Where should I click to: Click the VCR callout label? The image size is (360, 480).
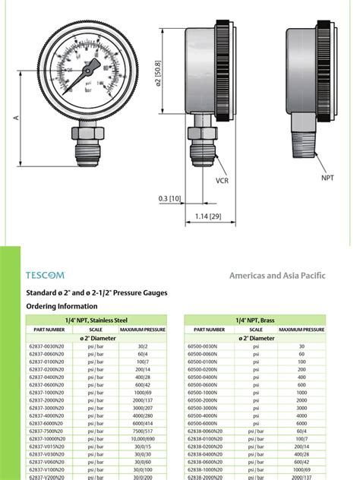pyautogui.click(x=222, y=182)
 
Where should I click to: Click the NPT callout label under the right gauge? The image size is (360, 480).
pyautogui.click(x=327, y=177)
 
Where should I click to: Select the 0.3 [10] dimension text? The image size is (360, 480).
pyautogui.click(x=169, y=198)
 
